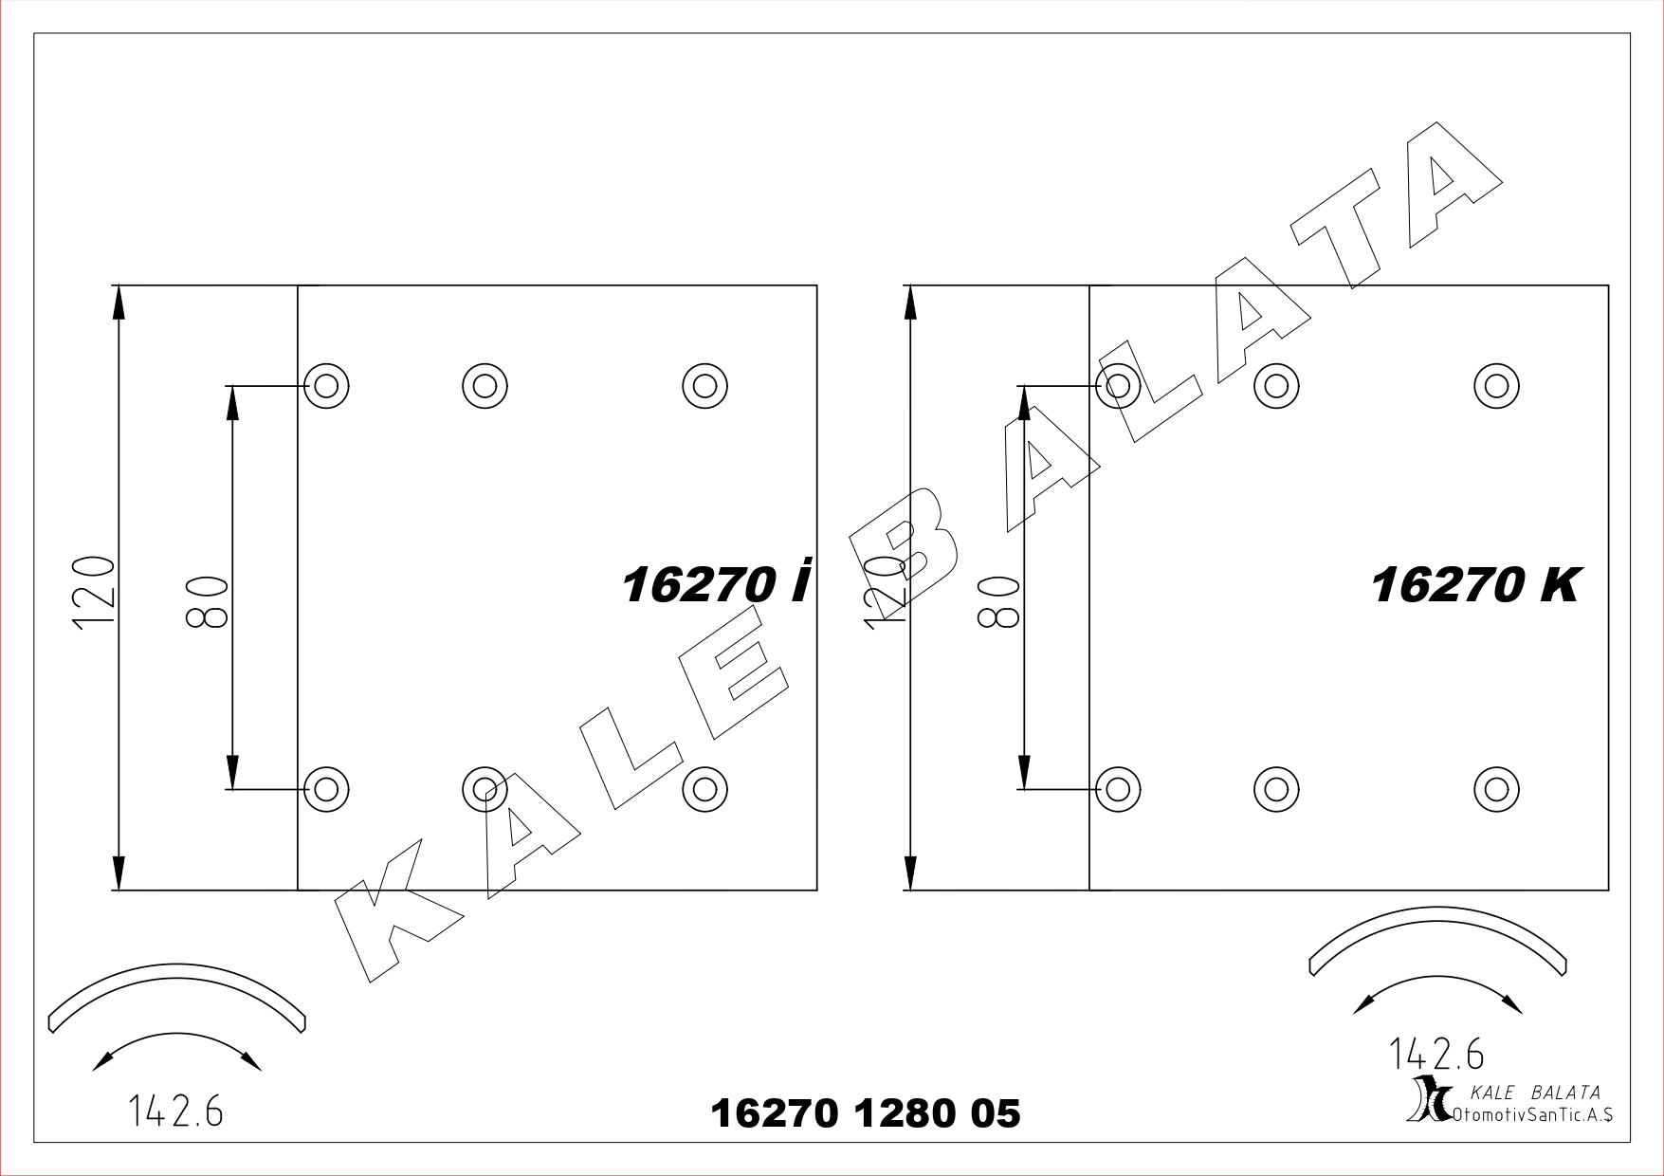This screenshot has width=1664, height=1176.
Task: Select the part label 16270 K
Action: (1475, 585)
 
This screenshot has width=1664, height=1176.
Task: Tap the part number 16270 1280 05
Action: (865, 1113)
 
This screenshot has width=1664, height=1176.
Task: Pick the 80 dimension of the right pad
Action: (997, 602)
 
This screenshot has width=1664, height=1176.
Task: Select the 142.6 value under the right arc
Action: (1436, 1054)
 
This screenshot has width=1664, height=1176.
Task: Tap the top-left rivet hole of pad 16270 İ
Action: (326, 386)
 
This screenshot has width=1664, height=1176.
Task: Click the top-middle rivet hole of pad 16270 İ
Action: (485, 386)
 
